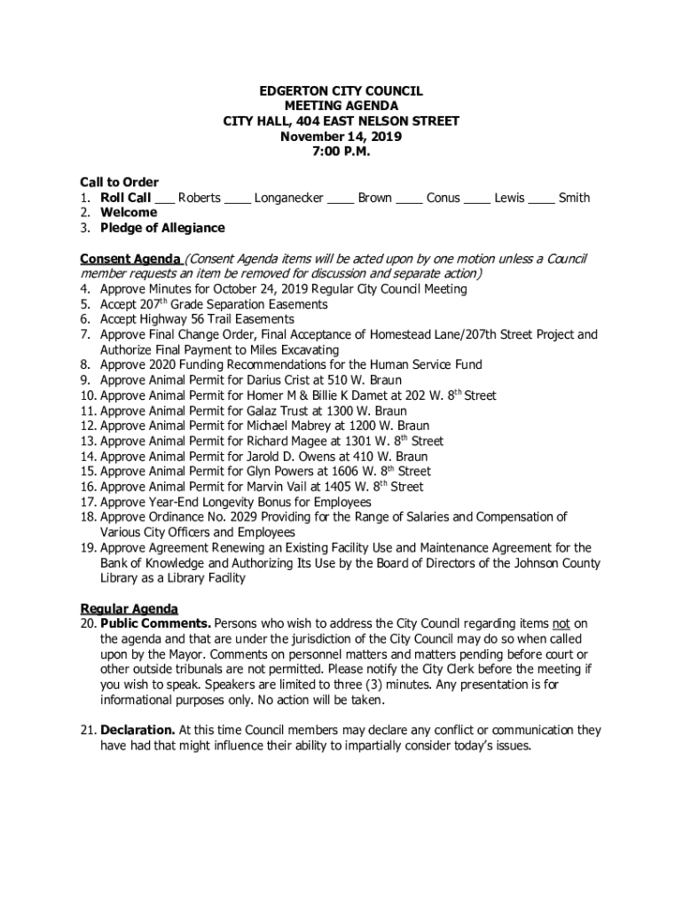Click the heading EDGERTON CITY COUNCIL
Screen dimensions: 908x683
341,91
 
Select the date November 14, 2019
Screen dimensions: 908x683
341,137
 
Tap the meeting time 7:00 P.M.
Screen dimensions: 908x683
341,152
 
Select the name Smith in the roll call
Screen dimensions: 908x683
574,198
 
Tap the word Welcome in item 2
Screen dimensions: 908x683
129,213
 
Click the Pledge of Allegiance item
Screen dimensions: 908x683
162,228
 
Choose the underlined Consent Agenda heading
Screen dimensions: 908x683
130,259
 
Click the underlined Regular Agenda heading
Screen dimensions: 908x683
130,609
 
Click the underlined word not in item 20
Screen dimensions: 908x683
561,624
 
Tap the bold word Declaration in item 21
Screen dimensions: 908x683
137,731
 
